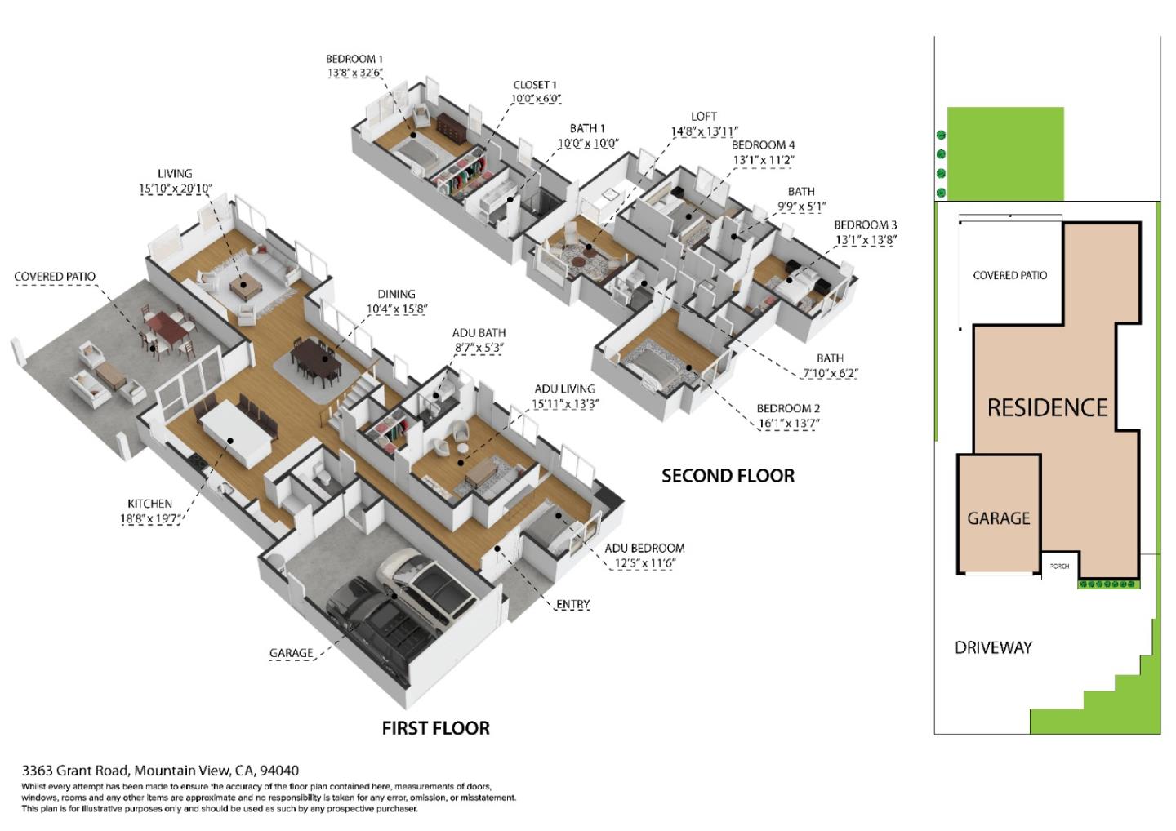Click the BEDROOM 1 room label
click(x=354, y=59)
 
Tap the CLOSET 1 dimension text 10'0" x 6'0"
click(x=536, y=99)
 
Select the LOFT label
click(x=703, y=117)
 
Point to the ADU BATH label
click(x=479, y=333)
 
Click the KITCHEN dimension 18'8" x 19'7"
click(x=150, y=518)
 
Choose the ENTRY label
click(x=572, y=604)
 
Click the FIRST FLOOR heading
click(x=435, y=728)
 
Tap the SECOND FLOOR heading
click(x=728, y=476)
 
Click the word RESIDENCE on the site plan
click(x=1047, y=407)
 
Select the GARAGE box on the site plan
click(x=998, y=518)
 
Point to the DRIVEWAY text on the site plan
click(x=993, y=647)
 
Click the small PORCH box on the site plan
click(x=1059, y=566)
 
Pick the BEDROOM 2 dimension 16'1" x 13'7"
click(x=788, y=424)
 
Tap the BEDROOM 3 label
click(x=865, y=225)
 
